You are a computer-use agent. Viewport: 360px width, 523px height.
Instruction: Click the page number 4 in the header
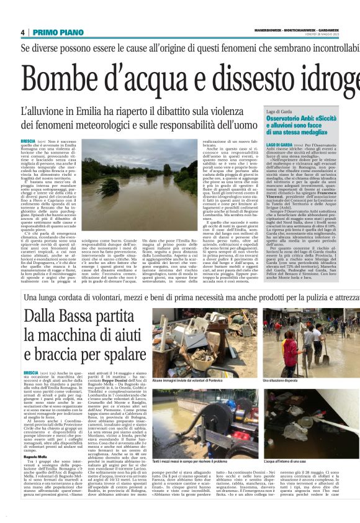[x=22, y=32]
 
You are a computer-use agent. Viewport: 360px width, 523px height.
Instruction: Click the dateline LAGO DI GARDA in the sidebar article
[x=279, y=145]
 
